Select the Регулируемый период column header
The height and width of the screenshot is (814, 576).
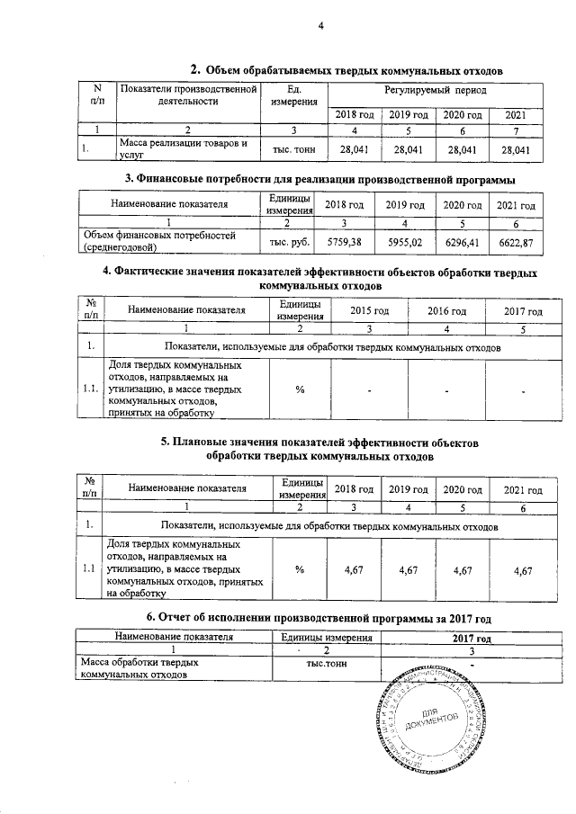tap(435, 93)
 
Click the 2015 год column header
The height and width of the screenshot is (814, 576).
tap(369, 310)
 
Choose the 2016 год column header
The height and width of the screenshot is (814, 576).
tap(445, 310)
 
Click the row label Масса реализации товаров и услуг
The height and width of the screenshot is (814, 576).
tap(170, 149)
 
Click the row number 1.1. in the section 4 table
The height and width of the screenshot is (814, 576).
tap(90, 390)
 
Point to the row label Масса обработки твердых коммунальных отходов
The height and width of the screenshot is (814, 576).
tap(135, 668)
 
